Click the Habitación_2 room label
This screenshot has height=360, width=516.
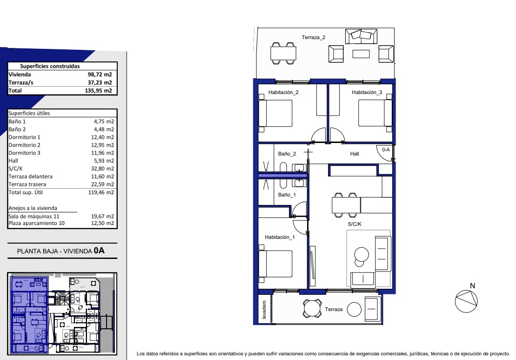[x=283, y=92]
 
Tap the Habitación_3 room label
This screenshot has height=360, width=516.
[x=367, y=92]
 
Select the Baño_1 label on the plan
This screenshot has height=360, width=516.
[x=287, y=195]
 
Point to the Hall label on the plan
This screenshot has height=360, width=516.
[x=355, y=154]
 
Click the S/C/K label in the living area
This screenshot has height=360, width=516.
[x=355, y=224]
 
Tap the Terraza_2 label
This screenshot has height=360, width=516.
[x=314, y=37]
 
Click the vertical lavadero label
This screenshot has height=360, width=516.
[x=264, y=310]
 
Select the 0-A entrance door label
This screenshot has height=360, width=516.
[x=386, y=149]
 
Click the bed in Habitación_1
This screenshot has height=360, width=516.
[x=275, y=264]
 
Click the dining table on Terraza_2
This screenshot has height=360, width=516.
[x=283, y=54]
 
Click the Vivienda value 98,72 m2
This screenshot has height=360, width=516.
[x=100, y=75]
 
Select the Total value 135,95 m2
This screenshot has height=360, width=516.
[x=98, y=90]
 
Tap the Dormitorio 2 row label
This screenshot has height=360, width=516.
[x=24, y=145]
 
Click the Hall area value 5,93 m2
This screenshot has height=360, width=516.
[x=104, y=161]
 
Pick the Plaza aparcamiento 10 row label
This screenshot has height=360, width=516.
[x=37, y=223]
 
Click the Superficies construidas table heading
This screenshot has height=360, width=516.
[x=50, y=66]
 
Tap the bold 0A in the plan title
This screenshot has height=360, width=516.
[x=99, y=250]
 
